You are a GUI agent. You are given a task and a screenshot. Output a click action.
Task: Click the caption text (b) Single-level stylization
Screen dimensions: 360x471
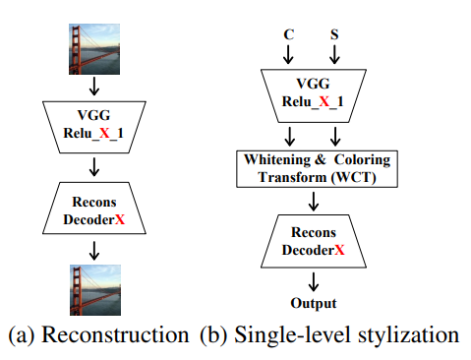[329, 335]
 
